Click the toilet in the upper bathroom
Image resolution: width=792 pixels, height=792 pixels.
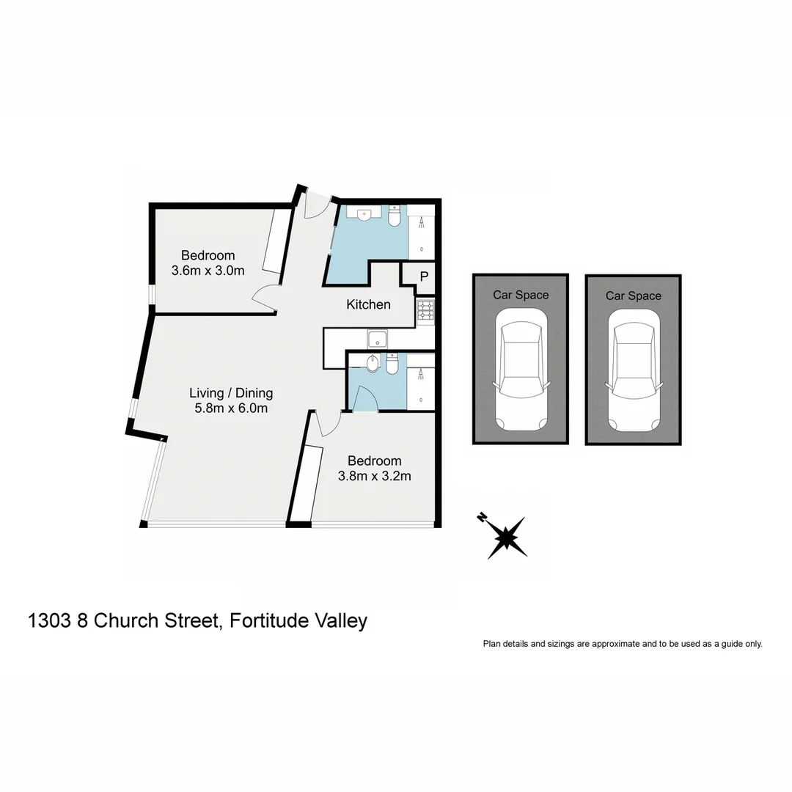pyautogui.click(x=394, y=216)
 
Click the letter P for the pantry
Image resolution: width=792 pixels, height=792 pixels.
pyautogui.click(x=423, y=276)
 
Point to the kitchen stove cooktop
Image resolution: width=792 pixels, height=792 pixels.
pyautogui.click(x=426, y=312)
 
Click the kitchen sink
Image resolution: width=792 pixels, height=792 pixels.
pyautogui.click(x=378, y=339)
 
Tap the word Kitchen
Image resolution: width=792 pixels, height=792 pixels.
pyautogui.click(x=368, y=304)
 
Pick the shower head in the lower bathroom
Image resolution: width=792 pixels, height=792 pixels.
pyautogui.click(x=421, y=374)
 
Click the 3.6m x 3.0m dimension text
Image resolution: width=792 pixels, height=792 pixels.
pyautogui.click(x=208, y=271)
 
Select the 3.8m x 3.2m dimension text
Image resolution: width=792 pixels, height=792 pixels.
pyautogui.click(x=374, y=476)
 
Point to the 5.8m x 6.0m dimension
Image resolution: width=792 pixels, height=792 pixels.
pyautogui.click(x=230, y=408)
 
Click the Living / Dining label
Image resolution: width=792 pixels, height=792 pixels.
pyautogui.click(x=230, y=393)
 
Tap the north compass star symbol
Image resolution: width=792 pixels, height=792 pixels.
pyautogui.click(x=506, y=537)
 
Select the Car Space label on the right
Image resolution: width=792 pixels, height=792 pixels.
pyautogui.click(x=633, y=296)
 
